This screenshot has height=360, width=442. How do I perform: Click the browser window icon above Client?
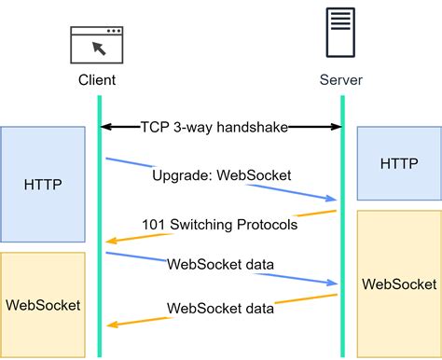click(x=98, y=44)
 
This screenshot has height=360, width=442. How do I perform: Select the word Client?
click(x=97, y=81)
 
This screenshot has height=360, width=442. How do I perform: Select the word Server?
click(x=342, y=81)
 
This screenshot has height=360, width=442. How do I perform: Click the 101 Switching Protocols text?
click(x=220, y=225)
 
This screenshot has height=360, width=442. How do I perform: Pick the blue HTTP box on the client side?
click(x=43, y=184)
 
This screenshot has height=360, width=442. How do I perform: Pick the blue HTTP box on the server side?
click(x=399, y=164)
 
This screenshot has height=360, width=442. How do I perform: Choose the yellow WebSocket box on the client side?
click(x=43, y=304)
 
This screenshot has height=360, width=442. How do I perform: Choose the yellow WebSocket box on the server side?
click(x=399, y=284)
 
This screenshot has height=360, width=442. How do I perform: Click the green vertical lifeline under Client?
click(x=100, y=280)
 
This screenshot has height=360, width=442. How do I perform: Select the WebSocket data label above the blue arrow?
click(x=220, y=264)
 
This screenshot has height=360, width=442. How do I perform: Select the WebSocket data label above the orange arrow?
click(x=220, y=308)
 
